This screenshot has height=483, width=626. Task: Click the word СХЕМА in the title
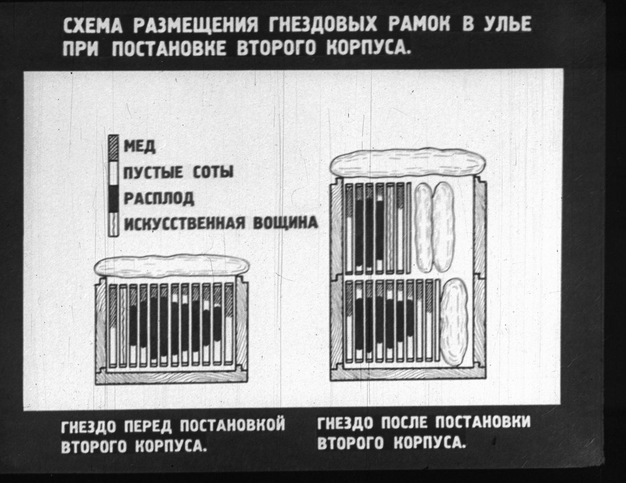pyautogui.click(x=93, y=25)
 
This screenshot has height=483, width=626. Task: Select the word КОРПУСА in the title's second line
pyautogui.click(x=368, y=47)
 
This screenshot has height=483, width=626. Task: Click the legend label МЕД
pyautogui.click(x=140, y=147)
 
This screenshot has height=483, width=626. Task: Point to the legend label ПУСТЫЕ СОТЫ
pyautogui.click(x=178, y=172)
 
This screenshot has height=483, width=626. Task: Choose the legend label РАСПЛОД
pyautogui.click(x=159, y=198)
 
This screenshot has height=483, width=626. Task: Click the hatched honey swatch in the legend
pyautogui.click(x=113, y=148)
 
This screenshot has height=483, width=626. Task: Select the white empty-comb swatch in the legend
pyautogui.click(x=113, y=173)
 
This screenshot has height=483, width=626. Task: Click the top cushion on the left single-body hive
pyautogui.click(x=172, y=265)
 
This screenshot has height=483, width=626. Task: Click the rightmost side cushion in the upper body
pyautogui.click(x=443, y=227)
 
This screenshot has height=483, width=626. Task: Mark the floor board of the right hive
pyautogui.click(x=408, y=374)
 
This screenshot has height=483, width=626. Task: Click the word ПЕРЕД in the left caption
pyautogui.click(x=148, y=425)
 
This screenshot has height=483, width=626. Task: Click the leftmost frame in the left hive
pyautogui.click(x=113, y=326)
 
